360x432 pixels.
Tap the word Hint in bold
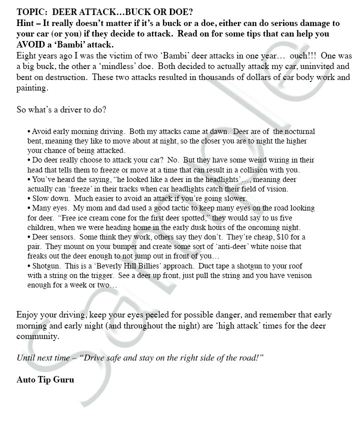pos(26,23)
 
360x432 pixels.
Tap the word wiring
pos(272,160)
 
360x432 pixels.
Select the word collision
pos(247,170)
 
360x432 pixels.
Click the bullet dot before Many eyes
pos(29,208)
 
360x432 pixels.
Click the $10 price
pos(280,237)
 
